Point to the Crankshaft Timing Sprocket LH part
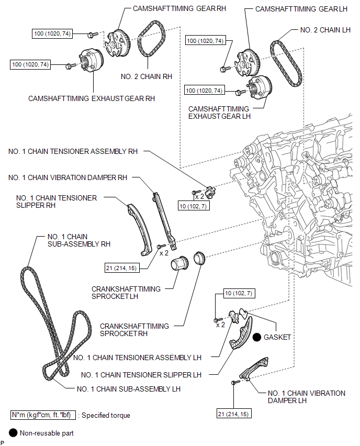coord(179,264)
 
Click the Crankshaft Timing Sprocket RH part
coord(199,258)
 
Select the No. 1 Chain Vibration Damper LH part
coord(254,368)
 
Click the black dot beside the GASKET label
coord(257,337)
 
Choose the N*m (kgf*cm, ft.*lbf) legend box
coord(43,415)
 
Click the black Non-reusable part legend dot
coord(13,433)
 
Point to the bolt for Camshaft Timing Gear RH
coord(93,35)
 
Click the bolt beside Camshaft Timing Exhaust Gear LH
coord(241,92)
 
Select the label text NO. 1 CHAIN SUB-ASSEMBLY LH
coord(129,389)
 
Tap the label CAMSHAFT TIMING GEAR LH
coord(301,9)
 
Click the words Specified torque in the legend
coord(106,415)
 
